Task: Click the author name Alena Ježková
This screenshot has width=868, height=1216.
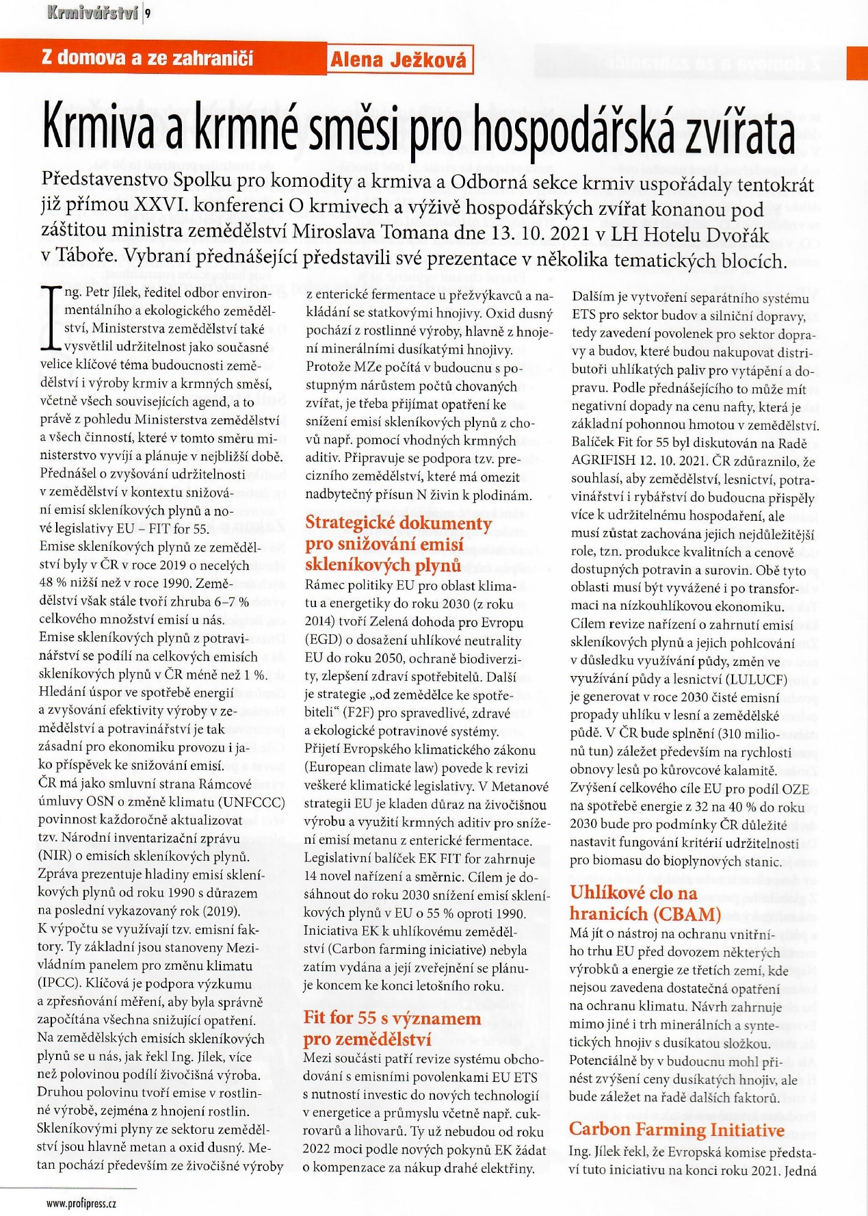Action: tap(399, 60)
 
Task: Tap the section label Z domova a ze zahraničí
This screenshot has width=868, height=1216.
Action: tap(147, 57)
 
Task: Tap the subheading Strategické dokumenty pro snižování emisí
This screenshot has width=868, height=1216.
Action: tap(397, 543)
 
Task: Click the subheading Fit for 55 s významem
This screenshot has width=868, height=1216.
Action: tap(392, 1018)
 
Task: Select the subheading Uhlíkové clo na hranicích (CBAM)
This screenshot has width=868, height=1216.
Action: tap(644, 903)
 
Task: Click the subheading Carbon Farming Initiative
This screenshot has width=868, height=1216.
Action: tap(676, 1129)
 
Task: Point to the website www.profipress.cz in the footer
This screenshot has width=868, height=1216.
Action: tap(81, 1204)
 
